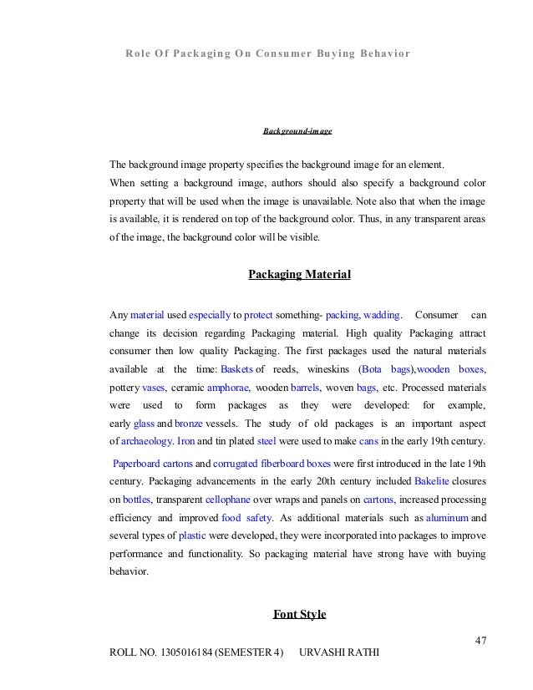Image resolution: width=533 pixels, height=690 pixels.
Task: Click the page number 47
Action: (480, 641)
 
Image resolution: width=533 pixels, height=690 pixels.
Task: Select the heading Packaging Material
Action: (299, 274)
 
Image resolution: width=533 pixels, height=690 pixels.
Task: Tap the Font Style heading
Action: (299, 615)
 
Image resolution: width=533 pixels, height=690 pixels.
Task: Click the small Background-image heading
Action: (298, 131)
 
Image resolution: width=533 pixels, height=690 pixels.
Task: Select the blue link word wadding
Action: (382, 315)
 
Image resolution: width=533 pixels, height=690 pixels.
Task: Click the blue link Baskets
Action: (236, 369)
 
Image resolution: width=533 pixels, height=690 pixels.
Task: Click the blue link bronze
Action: (189, 424)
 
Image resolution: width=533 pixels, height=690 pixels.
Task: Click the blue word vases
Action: (154, 388)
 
